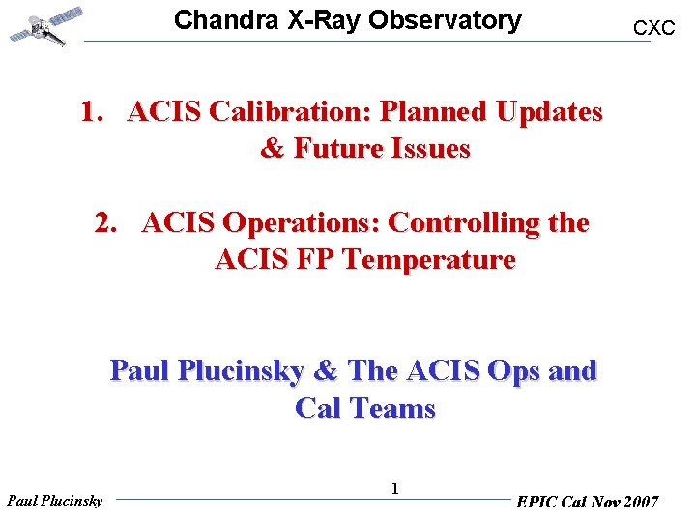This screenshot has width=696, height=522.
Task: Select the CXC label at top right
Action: click(x=653, y=29)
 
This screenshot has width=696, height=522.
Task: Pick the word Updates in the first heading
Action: click(x=549, y=112)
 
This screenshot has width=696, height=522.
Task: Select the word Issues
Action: click(x=431, y=149)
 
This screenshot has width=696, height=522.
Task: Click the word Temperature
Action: click(x=427, y=260)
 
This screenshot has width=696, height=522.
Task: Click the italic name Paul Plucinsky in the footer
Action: click(x=54, y=501)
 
